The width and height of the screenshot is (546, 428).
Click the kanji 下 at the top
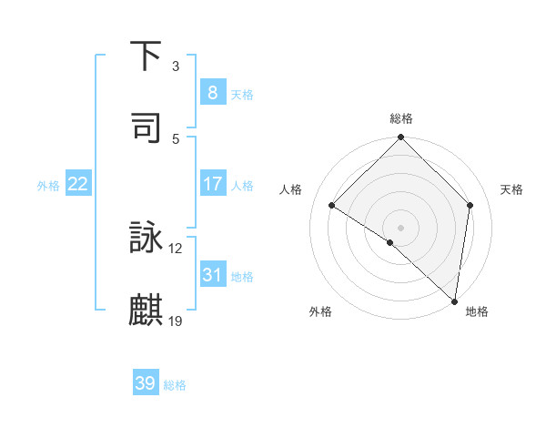(x=147, y=56)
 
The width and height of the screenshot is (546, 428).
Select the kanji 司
(x=147, y=127)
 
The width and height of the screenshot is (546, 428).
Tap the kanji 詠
(x=147, y=239)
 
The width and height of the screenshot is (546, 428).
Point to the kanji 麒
(x=147, y=310)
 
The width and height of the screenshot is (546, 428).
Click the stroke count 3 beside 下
(x=176, y=66)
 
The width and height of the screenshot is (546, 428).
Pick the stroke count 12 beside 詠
(x=177, y=248)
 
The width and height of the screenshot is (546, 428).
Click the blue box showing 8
(x=212, y=92)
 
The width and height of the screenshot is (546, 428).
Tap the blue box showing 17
(x=212, y=184)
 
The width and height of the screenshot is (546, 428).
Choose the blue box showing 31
(x=212, y=274)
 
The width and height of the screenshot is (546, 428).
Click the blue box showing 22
(x=78, y=184)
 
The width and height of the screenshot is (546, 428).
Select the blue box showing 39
(x=146, y=383)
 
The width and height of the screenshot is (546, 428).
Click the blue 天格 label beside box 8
(x=242, y=94)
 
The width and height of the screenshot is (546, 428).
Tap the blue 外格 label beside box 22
(x=48, y=186)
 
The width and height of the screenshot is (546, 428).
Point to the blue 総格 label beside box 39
(x=175, y=385)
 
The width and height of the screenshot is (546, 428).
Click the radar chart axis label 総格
(x=401, y=118)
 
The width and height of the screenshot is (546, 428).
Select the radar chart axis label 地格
(x=477, y=311)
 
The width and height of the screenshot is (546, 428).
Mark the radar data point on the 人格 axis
(x=332, y=205)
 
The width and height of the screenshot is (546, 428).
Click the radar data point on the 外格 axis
(x=390, y=242)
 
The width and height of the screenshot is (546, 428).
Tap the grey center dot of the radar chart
(x=401, y=227)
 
